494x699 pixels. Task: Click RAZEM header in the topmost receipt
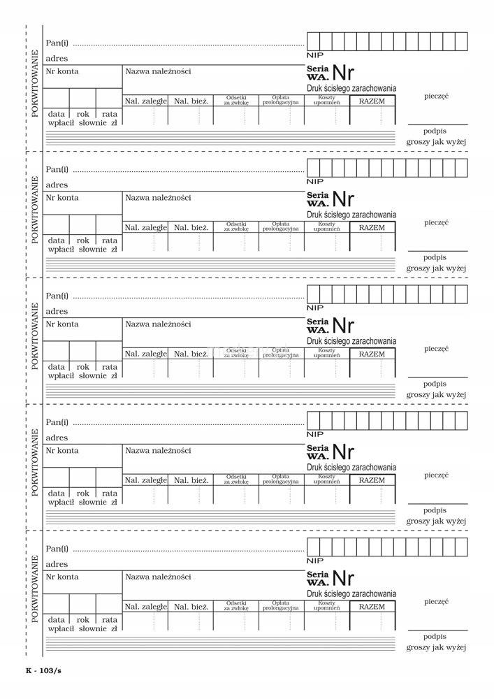(x=372, y=101)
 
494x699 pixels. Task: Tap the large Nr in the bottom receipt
(x=343, y=578)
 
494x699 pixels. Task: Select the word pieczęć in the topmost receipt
(x=436, y=95)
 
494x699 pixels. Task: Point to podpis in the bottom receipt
(x=435, y=636)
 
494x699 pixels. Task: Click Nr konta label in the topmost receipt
(x=62, y=71)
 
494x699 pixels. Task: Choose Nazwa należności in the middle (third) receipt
(x=158, y=324)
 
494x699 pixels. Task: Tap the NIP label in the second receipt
(x=315, y=181)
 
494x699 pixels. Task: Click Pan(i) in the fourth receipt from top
(x=57, y=422)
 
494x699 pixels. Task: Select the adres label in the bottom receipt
(x=57, y=564)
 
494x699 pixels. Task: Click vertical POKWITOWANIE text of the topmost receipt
(x=34, y=82)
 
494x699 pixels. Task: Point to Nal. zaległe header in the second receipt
(x=145, y=227)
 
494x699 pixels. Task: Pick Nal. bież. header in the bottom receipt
(x=191, y=607)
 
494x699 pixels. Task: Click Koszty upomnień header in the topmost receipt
(x=326, y=101)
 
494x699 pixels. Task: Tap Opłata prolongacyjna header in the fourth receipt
(x=281, y=480)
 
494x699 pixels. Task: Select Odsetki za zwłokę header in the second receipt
(x=236, y=226)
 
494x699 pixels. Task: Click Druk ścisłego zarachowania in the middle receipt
(x=351, y=341)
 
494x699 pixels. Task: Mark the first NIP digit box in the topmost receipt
(x=314, y=41)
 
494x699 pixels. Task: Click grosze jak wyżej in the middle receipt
(x=436, y=394)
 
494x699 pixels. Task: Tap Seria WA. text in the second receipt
(x=318, y=199)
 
